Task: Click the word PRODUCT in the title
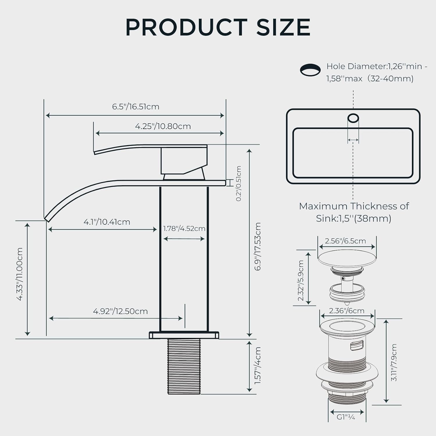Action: [x=187, y=27]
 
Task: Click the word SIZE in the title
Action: [x=284, y=27]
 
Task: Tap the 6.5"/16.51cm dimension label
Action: [x=136, y=107]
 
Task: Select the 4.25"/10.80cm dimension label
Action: [x=163, y=126]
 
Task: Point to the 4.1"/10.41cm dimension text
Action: [x=107, y=222]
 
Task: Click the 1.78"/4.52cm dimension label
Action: [x=184, y=228]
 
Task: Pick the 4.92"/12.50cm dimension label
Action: [x=120, y=311]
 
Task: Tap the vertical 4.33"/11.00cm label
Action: [x=20, y=274]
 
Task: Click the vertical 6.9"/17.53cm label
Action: [x=258, y=247]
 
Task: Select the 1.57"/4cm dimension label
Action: [x=258, y=365]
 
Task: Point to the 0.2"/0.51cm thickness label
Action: [x=239, y=183]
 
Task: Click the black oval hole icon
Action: [x=310, y=70]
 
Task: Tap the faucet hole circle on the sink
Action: [x=353, y=118]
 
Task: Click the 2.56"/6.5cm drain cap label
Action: [x=345, y=241]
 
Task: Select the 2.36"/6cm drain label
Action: [x=346, y=311]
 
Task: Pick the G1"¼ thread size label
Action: [x=346, y=417]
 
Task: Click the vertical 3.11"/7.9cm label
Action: [x=394, y=362]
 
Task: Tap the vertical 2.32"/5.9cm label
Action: [x=301, y=281]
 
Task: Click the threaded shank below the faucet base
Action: [x=184, y=367]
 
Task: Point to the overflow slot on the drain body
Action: [x=357, y=346]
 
